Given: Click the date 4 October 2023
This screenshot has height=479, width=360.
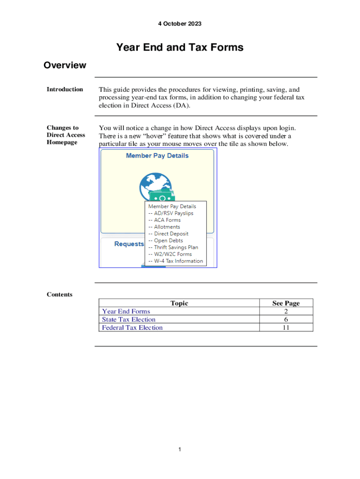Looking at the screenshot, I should pos(180,24).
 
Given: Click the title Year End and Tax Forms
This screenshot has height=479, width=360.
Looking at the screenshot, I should pos(180,47).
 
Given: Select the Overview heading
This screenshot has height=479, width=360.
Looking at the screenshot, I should pos(65,65).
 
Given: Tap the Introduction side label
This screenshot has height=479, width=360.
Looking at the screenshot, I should pos(65,89).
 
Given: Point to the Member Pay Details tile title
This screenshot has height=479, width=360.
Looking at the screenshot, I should pos(157,156).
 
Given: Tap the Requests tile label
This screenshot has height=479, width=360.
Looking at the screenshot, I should pos(129,244).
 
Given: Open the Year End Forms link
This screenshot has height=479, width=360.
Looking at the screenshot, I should pos(126,312).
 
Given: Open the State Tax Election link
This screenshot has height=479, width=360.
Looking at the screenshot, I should pos(129,319).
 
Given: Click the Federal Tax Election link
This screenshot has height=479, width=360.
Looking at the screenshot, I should pos(132,327).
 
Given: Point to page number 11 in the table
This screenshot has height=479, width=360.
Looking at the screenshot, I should pos(286,327).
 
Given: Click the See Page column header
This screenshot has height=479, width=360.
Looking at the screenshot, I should pos(286,303).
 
